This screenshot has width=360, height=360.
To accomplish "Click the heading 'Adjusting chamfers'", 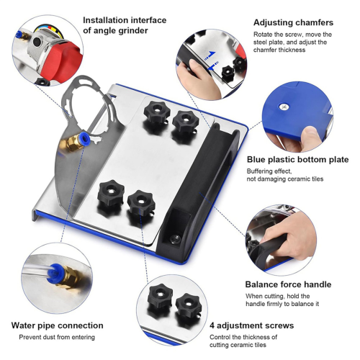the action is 293,22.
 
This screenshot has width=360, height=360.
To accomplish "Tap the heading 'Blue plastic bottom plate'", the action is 298,160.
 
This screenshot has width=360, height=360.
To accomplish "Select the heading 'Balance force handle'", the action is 288,284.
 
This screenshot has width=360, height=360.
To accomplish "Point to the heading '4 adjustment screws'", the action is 252,325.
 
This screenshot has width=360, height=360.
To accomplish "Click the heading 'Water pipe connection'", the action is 58,325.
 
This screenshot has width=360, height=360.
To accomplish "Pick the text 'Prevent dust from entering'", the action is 57,337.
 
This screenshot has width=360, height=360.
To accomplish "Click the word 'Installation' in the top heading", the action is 106,20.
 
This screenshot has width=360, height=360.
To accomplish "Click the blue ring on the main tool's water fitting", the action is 83,137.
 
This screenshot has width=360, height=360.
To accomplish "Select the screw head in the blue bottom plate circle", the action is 284,107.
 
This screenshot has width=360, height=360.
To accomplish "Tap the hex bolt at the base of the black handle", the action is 175,239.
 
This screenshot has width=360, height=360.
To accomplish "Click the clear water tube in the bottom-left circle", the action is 37,270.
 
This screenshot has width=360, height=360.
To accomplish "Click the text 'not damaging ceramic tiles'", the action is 285,179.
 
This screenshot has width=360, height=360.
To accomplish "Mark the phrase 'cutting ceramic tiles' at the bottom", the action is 238,345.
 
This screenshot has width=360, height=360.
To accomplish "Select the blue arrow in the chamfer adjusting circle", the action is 211,54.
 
